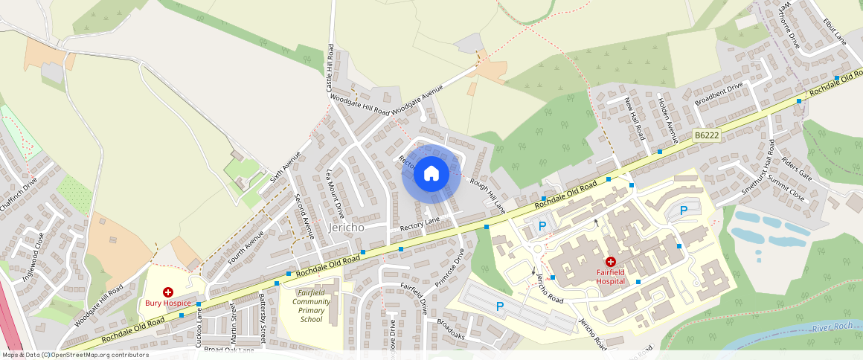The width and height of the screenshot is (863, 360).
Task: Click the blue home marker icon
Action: tap(431, 174)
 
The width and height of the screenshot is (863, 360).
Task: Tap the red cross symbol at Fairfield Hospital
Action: tap(610, 262)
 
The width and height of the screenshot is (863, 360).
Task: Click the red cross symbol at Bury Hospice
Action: tap(168, 293)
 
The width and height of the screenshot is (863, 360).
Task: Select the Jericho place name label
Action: tap(346, 228)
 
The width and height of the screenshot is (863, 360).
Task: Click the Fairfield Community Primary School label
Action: tap(311, 306)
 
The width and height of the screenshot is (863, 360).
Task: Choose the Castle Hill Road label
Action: tap(330, 68)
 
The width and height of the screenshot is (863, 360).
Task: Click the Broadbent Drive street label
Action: tap(719, 94)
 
